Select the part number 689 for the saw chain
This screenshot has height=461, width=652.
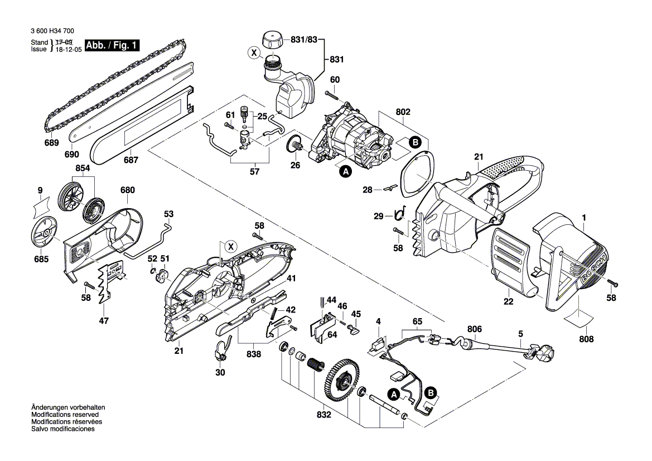[51, 143]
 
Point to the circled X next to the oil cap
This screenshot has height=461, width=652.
[254, 54]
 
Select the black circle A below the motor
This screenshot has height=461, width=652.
[345, 173]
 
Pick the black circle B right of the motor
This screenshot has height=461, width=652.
[414, 142]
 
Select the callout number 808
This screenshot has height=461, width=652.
[586, 339]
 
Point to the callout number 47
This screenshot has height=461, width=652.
[104, 320]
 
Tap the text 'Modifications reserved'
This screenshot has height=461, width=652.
[65, 415]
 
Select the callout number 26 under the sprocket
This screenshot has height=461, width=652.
[296, 165]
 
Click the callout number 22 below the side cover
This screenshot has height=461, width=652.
[508, 302]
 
